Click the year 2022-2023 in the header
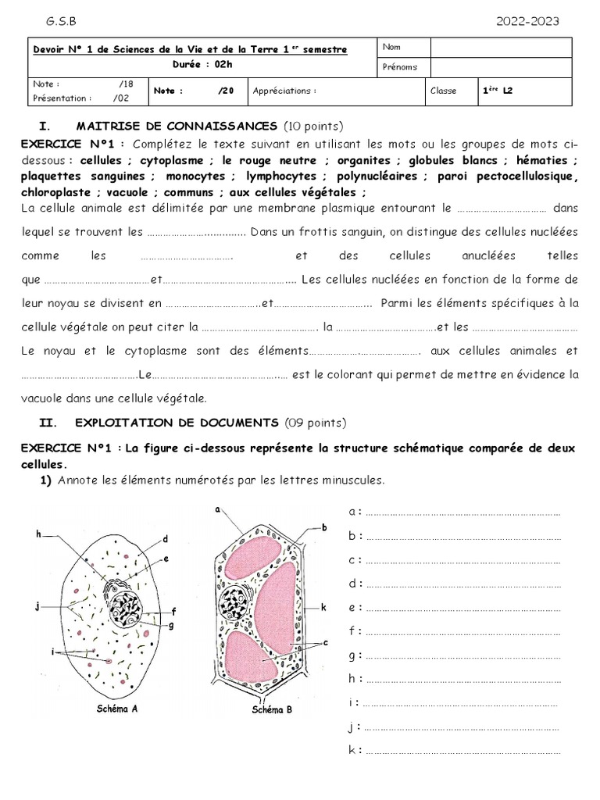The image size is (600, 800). click(x=527, y=21)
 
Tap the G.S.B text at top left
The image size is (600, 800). click(x=62, y=21)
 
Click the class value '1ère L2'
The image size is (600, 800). click(x=498, y=91)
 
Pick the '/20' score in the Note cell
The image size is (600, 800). click(x=227, y=91)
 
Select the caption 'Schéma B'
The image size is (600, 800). click(x=272, y=711)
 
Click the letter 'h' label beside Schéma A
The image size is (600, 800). click(x=37, y=534)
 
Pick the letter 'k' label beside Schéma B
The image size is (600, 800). click(x=323, y=607)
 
